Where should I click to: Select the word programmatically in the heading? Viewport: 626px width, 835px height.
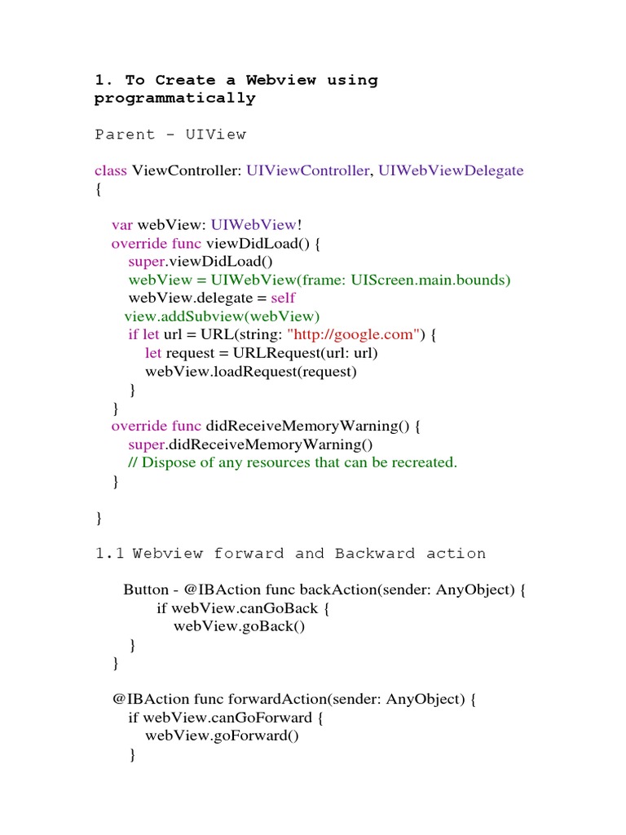tap(175, 99)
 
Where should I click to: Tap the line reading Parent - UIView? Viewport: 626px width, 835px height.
tap(170, 135)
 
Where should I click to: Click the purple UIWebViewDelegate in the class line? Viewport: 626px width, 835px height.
tap(451, 170)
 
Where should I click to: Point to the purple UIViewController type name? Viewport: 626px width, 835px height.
tap(307, 170)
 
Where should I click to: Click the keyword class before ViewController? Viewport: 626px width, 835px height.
tap(111, 170)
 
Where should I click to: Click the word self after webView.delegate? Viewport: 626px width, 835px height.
tap(283, 298)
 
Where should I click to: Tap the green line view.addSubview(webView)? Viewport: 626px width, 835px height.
tap(223, 316)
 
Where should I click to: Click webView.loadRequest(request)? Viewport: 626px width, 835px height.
tap(251, 371)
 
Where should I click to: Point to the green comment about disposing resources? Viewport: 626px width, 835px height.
tap(293, 462)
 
